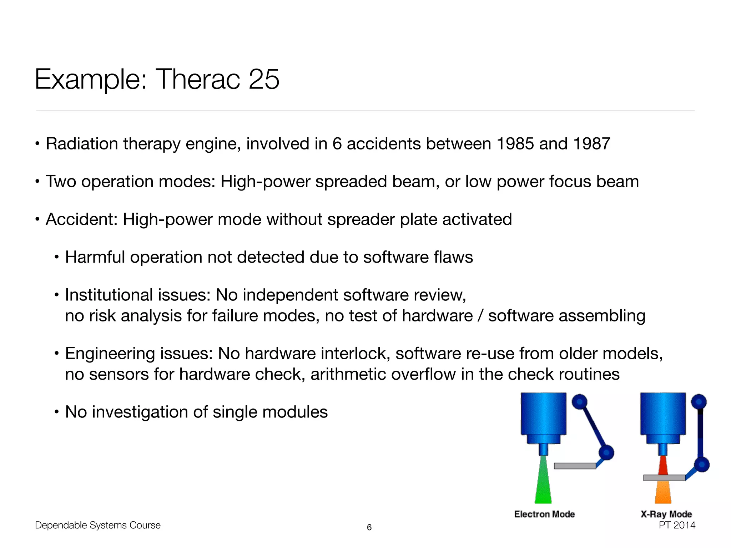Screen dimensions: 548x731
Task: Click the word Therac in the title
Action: [x=198, y=79]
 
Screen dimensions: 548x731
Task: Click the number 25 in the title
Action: [x=264, y=79]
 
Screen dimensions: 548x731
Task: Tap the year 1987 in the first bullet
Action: [x=591, y=144]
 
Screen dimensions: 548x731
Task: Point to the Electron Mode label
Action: [x=544, y=514]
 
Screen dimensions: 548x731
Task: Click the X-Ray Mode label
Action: [x=666, y=514]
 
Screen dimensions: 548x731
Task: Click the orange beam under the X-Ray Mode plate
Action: [x=663, y=492]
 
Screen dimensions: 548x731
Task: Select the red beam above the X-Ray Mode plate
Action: [x=663, y=466]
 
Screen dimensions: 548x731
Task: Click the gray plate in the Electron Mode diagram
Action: [x=575, y=466]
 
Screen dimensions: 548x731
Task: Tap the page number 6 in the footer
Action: [x=369, y=527]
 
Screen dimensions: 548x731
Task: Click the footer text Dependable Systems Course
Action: [x=98, y=525]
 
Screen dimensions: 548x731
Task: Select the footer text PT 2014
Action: [x=677, y=525]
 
